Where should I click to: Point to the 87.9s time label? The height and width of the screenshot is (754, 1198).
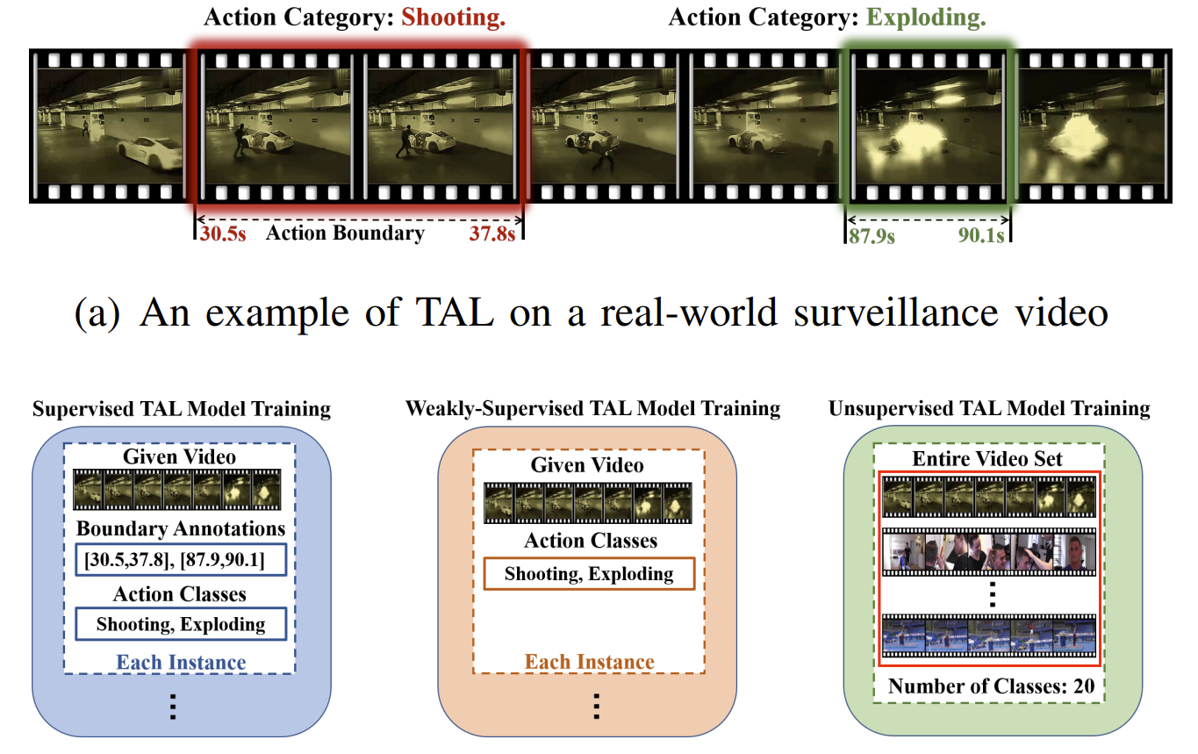pos(871,236)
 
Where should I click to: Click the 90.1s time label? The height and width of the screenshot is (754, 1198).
pos(981,236)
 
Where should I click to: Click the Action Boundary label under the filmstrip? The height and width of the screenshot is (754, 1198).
pos(345,233)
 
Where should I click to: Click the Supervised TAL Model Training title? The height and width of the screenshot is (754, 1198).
pos(182,409)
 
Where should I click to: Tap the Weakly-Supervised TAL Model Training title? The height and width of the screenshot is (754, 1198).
pos(592,409)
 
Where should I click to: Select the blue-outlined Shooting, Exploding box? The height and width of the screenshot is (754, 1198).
pos(181,625)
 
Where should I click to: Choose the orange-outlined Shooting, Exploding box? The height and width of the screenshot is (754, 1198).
pos(589,575)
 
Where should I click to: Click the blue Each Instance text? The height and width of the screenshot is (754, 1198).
pos(181,663)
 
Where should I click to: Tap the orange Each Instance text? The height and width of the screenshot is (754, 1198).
pos(590,662)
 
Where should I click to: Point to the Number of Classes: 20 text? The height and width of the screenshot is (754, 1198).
pos(991,686)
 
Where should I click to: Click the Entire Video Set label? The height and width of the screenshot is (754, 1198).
pos(987,459)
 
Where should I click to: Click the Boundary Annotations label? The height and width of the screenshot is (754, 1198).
pos(181,528)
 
